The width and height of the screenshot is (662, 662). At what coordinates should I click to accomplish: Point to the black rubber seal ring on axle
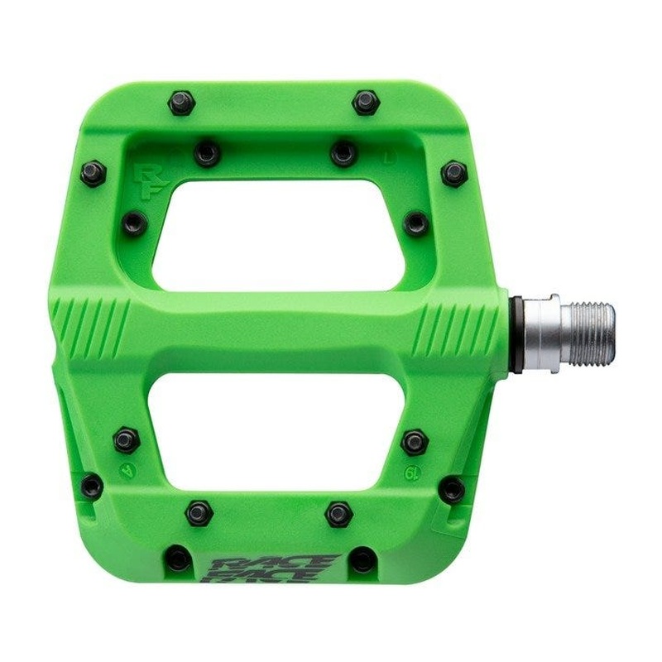tap(515, 330)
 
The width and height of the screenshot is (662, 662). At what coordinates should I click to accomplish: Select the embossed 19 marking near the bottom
tap(412, 474)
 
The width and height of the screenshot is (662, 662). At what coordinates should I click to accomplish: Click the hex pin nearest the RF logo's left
tap(93, 173)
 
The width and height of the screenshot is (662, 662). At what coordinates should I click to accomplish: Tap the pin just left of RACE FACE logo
tap(179, 559)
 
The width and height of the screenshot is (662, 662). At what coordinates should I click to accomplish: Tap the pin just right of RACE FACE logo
tap(362, 560)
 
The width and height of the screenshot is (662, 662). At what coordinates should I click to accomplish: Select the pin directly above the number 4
tap(127, 439)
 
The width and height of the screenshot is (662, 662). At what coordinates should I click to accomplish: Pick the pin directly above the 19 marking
tap(414, 441)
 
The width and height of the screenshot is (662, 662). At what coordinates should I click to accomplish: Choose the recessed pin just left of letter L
tap(343, 152)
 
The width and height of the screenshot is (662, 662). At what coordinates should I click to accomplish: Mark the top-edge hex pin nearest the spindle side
tap(365, 103)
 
